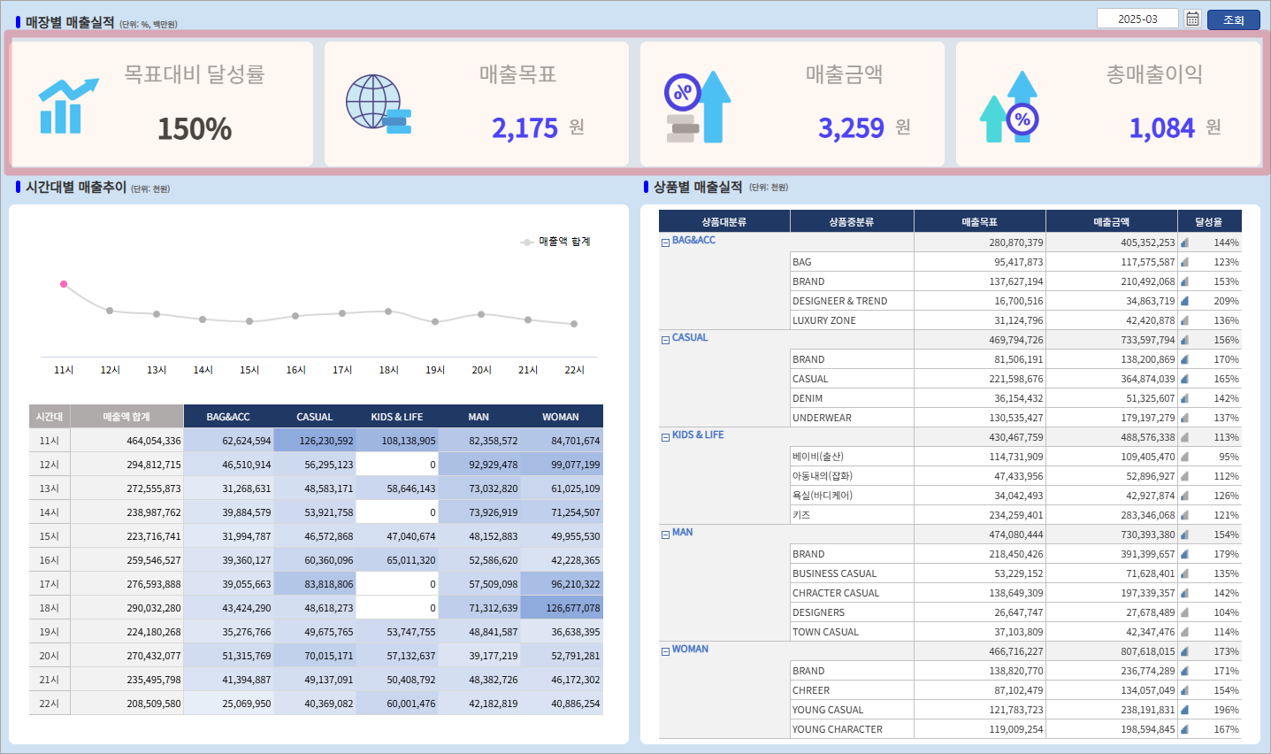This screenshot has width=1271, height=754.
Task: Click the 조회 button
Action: [x=1233, y=19]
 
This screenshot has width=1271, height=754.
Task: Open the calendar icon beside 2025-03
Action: [x=1192, y=19]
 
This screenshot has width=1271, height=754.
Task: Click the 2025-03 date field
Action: [x=1137, y=19]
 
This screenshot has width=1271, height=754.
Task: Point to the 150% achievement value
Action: [x=195, y=129]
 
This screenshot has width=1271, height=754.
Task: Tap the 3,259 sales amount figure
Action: [x=851, y=128]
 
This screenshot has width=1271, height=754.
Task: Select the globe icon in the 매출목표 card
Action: [x=375, y=103]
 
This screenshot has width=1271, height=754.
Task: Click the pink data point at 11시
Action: [x=64, y=284]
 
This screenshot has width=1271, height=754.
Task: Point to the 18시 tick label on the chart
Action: [x=388, y=370]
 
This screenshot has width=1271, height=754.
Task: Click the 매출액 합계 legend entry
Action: [x=557, y=242]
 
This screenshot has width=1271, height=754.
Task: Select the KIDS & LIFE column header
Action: [x=396, y=417]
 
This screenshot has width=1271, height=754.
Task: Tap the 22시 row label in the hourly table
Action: [x=50, y=704]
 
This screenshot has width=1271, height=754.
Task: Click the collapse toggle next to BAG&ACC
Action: [x=665, y=242]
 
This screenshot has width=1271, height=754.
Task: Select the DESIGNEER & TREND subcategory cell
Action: [x=839, y=301]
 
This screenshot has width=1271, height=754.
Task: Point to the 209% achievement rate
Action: [x=1226, y=301]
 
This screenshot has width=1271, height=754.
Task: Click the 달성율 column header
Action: [x=1208, y=222]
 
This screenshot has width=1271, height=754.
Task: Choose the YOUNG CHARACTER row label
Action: [x=837, y=729]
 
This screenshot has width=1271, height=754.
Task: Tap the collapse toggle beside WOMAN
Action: [x=665, y=651]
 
